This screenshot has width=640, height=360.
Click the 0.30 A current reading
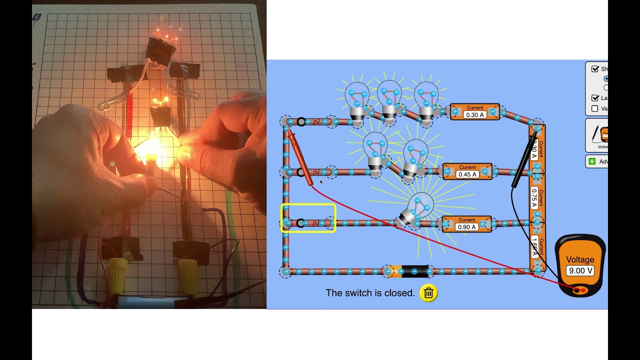point(474,115)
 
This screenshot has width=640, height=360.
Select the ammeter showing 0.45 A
point(467,174)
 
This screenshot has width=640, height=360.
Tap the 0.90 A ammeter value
point(466,227)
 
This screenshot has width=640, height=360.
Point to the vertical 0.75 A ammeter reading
point(534,198)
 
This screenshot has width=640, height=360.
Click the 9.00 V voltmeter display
point(580,271)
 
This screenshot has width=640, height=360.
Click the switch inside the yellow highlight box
point(308,223)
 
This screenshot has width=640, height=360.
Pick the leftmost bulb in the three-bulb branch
point(357,100)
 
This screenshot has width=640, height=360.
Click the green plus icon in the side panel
point(592,161)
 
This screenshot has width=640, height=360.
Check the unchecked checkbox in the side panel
point(594,108)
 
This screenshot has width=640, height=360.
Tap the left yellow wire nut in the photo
point(118,275)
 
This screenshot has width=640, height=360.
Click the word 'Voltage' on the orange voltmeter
point(580,260)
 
